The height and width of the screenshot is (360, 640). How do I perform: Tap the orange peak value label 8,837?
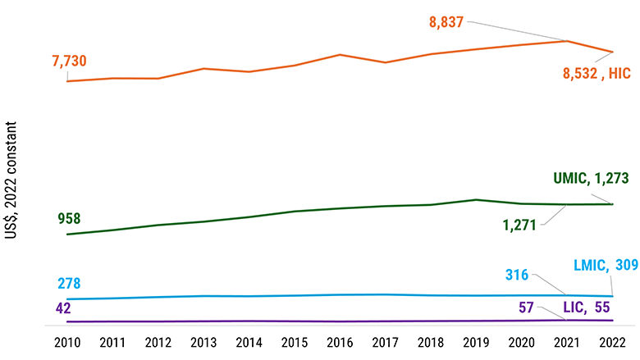point(446,21)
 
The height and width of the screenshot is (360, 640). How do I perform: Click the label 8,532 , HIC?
point(596,73)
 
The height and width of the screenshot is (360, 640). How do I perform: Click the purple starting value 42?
point(64,308)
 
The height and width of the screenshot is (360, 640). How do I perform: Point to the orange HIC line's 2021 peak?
point(566,40)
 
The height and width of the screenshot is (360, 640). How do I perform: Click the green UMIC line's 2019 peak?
point(476,199)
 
